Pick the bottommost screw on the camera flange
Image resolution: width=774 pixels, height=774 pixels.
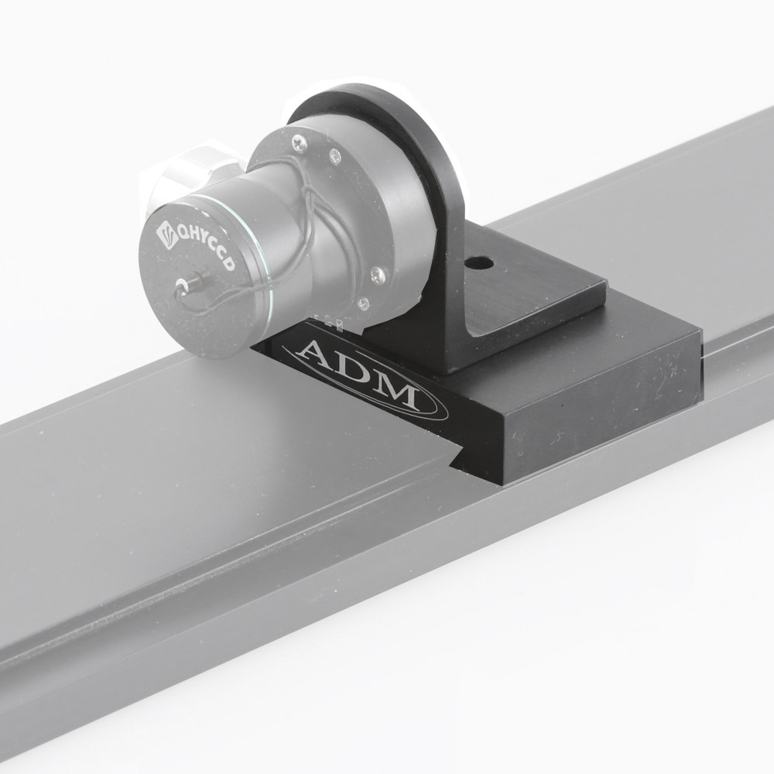coord(378,272)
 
